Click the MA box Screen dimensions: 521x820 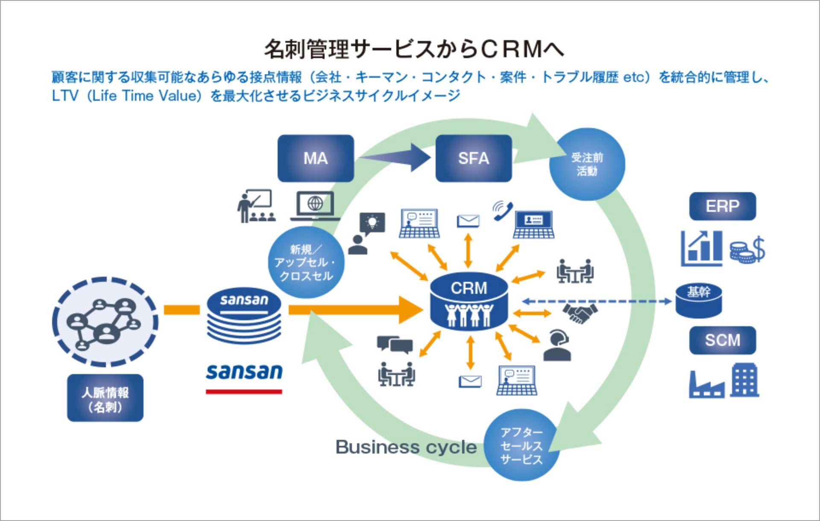coord(316,158)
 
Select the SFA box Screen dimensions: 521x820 coord(473,158)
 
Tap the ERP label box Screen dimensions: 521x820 coord(722,206)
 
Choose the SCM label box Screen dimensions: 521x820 coord(722,340)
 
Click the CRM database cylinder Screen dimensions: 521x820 coord(469,301)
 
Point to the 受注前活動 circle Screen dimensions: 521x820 coord(587,164)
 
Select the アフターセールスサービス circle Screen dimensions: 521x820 coord(521,445)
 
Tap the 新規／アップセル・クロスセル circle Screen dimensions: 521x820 coord(306,262)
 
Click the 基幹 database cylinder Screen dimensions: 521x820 coord(698,301)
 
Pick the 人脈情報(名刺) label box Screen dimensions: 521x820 coord(105,398)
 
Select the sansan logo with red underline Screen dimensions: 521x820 coord(244,376)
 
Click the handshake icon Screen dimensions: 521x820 coord(580,313)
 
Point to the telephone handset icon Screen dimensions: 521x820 coord(503,211)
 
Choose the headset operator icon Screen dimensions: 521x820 coord(557,346)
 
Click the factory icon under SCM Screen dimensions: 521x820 coord(706,385)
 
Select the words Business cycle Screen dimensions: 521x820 coord(406,447)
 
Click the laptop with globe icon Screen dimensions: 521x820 coord(315,206)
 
